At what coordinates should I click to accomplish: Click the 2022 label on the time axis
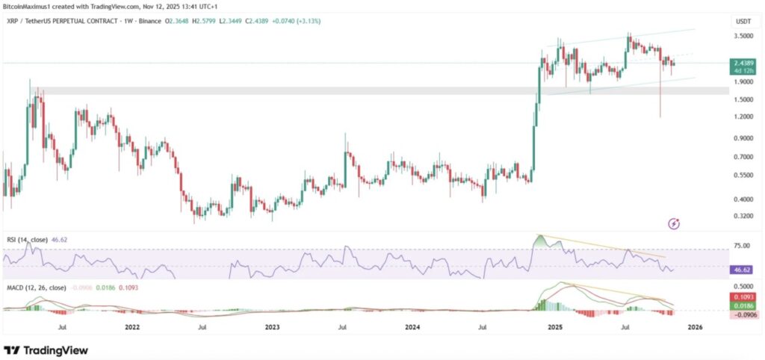[132, 326]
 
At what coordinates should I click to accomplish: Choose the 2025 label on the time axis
[554, 326]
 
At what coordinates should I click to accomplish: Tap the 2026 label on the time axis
[695, 326]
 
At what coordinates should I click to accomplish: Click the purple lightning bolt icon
[675, 223]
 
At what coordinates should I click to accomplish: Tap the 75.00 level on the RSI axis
[741, 246]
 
